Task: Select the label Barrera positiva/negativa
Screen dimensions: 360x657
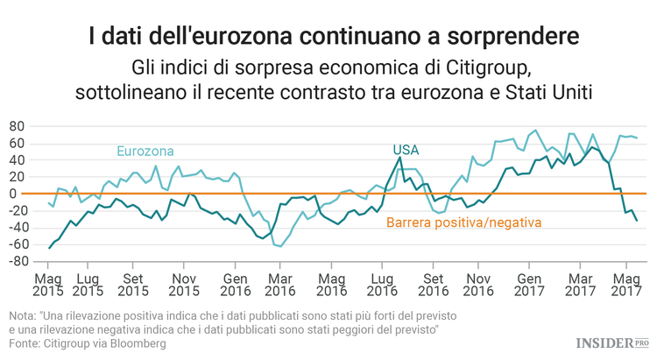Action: (x=463, y=222)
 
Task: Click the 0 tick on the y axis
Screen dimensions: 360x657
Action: (x=18, y=194)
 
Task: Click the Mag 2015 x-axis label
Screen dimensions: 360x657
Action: (x=49, y=283)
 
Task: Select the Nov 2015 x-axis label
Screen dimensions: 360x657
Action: (x=183, y=283)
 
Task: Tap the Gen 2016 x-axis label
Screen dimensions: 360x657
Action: (x=232, y=283)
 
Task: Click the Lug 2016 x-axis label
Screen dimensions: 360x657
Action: (x=381, y=283)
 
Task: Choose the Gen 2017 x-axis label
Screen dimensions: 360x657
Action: (x=529, y=283)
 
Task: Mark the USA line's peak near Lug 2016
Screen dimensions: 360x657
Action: (x=400, y=158)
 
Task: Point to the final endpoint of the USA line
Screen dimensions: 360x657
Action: (x=636, y=221)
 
